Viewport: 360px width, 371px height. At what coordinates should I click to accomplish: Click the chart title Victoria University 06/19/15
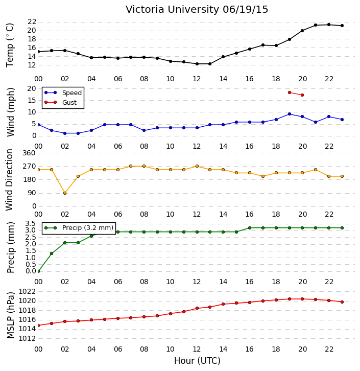(x=197, y=10)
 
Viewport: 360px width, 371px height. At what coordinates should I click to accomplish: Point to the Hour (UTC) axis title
(x=197, y=361)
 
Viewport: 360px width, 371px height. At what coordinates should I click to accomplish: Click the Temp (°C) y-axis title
(x=10, y=45)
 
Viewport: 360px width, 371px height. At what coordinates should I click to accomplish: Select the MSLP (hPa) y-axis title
(x=10, y=315)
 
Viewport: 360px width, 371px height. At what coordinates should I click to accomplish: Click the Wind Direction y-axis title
(x=9, y=180)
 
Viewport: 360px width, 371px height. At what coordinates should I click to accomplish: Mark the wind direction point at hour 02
(x=65, y=193)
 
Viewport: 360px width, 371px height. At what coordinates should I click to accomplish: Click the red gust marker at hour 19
(x=290, y=92)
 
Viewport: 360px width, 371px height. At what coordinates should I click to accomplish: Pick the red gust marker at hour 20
(x=302, y=95)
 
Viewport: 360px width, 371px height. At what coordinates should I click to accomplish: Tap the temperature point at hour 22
(x=328, y=25)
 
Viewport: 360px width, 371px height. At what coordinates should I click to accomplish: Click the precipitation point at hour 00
(x=38, y=271)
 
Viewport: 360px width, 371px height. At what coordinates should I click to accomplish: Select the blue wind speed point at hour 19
(x=290, y=114)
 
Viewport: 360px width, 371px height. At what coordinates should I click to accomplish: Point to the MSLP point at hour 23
(x=342, y=302)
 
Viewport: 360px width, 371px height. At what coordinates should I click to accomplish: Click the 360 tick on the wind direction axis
(x=29, y=153)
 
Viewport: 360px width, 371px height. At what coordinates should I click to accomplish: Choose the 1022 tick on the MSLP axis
(x=27, y=291)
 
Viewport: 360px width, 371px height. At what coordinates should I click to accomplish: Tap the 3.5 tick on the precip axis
(x=31, y=224)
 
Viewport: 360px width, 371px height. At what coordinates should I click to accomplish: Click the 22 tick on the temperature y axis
(x=32, y=22)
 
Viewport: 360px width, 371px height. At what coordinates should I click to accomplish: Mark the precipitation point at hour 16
(x=250, y=228)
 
